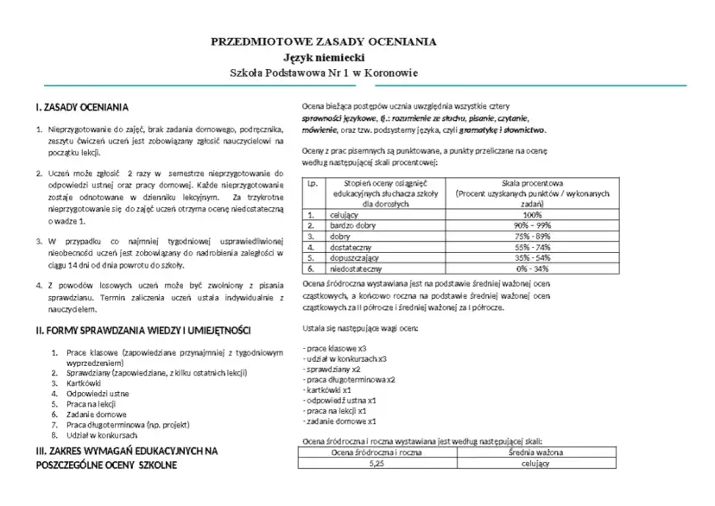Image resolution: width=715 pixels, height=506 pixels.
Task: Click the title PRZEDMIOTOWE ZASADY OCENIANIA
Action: pos(324,41)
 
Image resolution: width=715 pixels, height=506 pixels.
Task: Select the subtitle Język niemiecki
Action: pos(324,57)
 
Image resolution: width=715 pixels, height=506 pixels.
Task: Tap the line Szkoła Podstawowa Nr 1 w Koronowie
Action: pos(324,73)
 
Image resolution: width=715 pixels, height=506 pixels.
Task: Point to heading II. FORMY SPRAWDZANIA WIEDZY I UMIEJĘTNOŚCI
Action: pos(142,331)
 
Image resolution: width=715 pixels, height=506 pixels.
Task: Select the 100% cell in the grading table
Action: pos(532,215)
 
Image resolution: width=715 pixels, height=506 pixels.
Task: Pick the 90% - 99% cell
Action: pos(532,225)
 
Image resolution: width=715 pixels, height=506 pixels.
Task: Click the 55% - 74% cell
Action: pos(532,246)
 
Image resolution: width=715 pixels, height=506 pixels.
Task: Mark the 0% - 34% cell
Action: pos(532,268)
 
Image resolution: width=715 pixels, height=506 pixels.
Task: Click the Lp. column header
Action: pos(312,184)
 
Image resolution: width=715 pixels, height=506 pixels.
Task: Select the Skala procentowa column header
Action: pos(532,184)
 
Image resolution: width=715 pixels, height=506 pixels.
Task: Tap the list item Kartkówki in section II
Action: pos(84,383)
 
